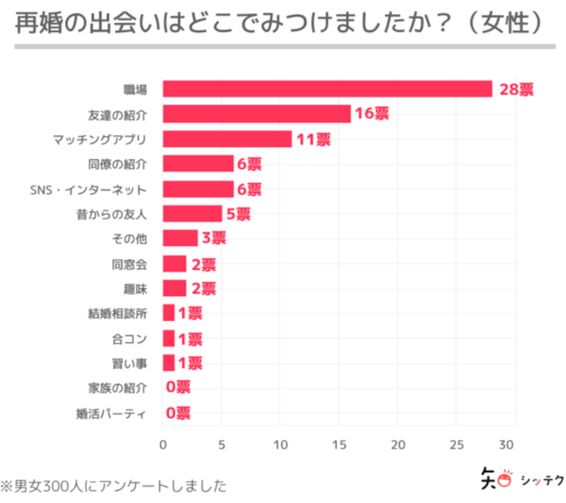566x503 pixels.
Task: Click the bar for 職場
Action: coord(327,89)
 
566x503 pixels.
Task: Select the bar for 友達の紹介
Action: coord(256,114)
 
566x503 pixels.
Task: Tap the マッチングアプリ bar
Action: coord(227,139)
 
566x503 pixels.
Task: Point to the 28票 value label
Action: coord(516,89)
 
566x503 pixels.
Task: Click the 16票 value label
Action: coord(372,114)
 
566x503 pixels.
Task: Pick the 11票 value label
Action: coord(313,139)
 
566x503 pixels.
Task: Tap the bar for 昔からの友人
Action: coord(192,214)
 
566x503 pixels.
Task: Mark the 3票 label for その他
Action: coord(213,239)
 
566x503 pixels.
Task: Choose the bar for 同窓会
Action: coord(174,263)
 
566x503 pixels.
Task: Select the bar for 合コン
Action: coord(169,339)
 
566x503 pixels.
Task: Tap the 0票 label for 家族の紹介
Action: coord(178,387)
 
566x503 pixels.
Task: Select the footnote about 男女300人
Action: coord(113,484)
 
